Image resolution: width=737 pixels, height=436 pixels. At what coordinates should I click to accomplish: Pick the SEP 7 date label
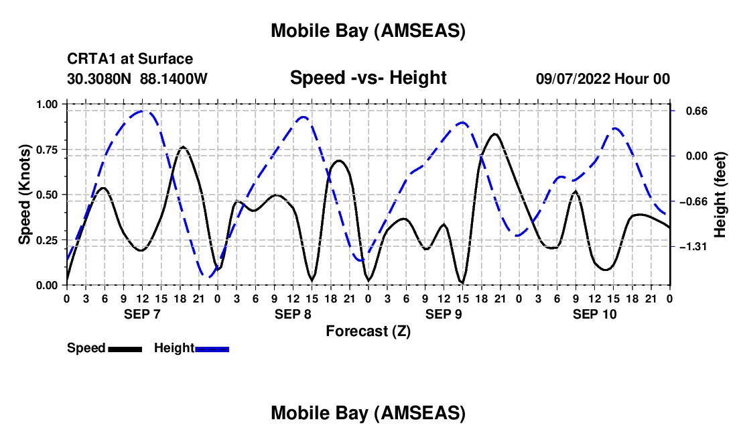[x=141, y=314]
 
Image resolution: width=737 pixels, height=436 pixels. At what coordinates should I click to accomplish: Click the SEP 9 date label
[x=444, y=314]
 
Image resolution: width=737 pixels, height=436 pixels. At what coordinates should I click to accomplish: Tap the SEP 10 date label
[x=594, y=314]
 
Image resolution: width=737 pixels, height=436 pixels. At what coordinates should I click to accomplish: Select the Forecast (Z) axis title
[x=368, y=331]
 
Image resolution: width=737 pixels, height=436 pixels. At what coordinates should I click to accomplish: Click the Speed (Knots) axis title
[x=25, y=195]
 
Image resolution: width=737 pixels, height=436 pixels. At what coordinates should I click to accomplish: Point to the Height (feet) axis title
[x=721, y=195]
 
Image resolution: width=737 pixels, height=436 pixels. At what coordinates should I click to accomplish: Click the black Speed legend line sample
[x=125, y=349]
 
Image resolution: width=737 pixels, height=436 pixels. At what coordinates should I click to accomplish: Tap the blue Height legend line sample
[x=212, y=349]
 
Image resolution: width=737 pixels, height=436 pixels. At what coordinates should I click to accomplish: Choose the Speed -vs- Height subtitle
[x=368, y=78]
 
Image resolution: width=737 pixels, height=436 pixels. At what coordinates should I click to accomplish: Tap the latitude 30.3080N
[x=100, y=79]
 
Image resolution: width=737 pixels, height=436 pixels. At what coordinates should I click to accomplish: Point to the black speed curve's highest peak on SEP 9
[x=494, y=134]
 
